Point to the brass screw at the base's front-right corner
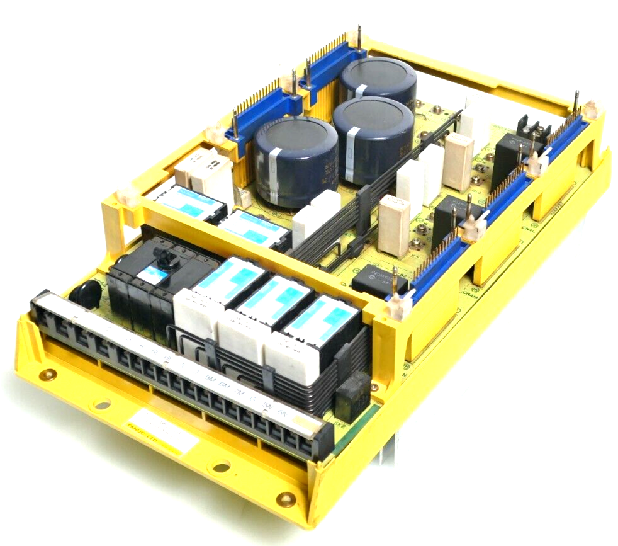pos(286,500)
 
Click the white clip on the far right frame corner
pos(590,110)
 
